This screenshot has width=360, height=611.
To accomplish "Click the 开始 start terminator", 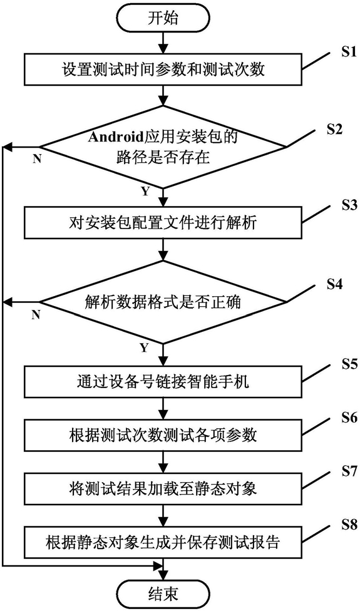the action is tap(163, 19).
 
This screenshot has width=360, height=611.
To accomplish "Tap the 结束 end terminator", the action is tap(163, 594).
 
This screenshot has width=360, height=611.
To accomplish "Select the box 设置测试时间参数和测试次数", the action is tap(163, 70).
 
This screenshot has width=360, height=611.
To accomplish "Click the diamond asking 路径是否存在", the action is tap(163, 147).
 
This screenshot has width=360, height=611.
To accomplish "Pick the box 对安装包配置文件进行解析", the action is tap(163, 223).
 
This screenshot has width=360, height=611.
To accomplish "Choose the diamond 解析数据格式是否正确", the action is tap(163, 302).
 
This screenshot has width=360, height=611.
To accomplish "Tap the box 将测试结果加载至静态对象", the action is tap(163, 488).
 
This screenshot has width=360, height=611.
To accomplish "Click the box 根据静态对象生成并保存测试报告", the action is tap(163, 542).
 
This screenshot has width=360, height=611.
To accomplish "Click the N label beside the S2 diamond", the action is tap(37, 160).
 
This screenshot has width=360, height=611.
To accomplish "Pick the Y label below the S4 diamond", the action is tap(145, 348).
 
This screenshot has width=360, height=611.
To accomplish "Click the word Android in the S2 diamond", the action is tap(117, 138).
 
